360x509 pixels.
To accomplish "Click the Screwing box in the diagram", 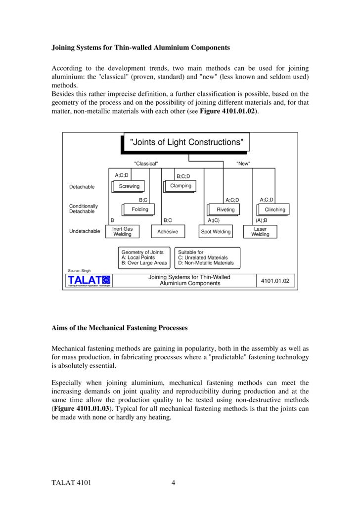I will click(x=129, y=186).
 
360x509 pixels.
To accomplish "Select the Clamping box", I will click(x=180, y=186).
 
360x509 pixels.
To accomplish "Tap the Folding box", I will click(x=140, y=210).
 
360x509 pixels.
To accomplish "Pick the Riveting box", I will click(x=225, y=210).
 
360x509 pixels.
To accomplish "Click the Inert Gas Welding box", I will click(x=122, y=231).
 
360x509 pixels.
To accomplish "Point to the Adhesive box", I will click(x=168, y=231).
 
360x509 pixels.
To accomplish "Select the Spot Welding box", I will click(x=215, y=231).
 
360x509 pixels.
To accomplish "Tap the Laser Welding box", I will click(x=260, y=231).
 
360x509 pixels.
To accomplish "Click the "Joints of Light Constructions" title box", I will click(x=186, y=142).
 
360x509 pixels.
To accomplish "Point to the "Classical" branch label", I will click(x=146, y=164).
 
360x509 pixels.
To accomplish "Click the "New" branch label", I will click(x=243, y=164).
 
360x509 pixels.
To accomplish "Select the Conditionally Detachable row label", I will click(x=84, y=209).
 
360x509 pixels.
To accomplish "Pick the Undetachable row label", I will click(x=85, y=231).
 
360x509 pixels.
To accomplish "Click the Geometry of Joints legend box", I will click(x=144, y=257).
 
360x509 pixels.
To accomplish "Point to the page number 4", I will click(x=174, y=483).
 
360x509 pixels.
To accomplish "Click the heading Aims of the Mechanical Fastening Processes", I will click(x=120, y=328).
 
